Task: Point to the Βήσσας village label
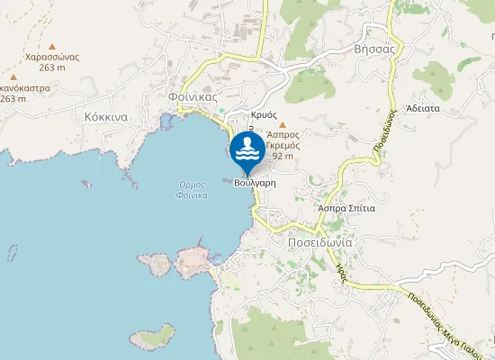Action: click(375, 49)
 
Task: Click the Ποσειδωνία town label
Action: click(319, 243)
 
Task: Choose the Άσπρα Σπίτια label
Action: click(346, 207)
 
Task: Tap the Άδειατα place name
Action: click(422, 107)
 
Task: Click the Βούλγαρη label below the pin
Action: click(254, 182)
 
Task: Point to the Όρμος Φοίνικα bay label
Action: click(193, 189)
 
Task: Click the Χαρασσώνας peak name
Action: click(53, 56)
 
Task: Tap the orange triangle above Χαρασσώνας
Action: click(52, 45)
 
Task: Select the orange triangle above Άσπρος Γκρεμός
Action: click(283, 124)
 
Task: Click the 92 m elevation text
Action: click(283, 156)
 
